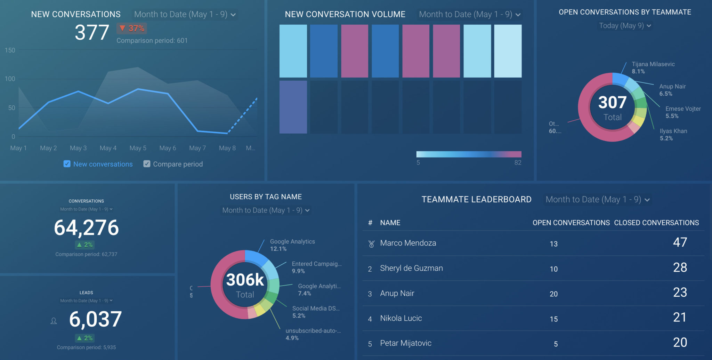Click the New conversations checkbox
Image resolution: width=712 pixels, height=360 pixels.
click(67, 164)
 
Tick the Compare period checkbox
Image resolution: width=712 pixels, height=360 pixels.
click(147, 164)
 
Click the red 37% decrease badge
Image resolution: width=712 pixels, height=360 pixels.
click(132, 29)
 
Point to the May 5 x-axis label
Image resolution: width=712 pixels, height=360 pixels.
click(138, 148)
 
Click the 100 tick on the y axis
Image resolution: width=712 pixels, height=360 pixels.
click(10, 79)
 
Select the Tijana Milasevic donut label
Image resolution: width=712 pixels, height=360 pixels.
click(653, 64)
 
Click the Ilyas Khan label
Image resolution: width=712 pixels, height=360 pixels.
click(673, 131)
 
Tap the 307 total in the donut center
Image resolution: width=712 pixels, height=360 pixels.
click(612, 103)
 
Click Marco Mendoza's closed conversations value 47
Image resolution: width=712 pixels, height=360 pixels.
click(680, 242)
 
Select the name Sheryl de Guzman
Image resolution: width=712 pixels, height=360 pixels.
click(411, 268)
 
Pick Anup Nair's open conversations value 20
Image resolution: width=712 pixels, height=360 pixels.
click(553, 294)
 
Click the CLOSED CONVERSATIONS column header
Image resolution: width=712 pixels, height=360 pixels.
click(656, 223)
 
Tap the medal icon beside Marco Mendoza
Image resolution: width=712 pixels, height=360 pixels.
click(371, 244)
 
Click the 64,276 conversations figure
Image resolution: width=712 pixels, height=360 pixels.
click(86, 228)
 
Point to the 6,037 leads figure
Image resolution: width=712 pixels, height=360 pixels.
click(95, 319)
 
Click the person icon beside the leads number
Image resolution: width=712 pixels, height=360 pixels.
click(54, 321)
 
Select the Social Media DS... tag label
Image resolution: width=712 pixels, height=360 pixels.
click(316, 309)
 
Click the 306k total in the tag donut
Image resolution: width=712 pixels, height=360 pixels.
click(245, 280)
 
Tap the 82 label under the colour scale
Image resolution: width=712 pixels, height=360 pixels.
click(518, 163)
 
